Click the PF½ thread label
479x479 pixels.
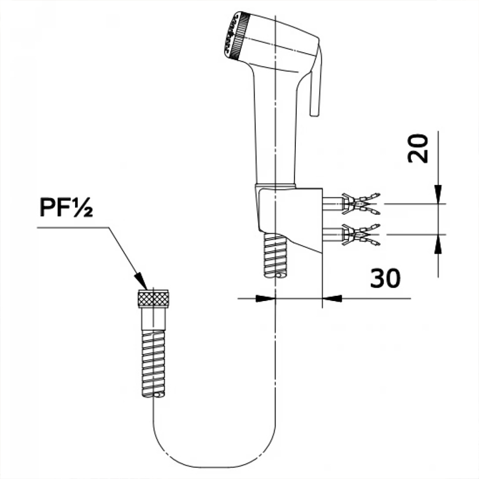(66, 207)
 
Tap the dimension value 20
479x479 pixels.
(418, 148)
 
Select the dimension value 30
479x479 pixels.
(385, 278)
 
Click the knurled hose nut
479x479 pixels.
(153, 298)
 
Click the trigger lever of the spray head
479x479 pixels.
(315, 81)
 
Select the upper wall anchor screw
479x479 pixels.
(351, 203)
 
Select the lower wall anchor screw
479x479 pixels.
(351, 234)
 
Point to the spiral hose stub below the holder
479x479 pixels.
(275, 256)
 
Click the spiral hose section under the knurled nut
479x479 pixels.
(153, 363)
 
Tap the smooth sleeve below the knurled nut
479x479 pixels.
(153, 318)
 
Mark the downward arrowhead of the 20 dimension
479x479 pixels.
(438, 194)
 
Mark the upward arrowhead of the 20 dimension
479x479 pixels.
(438, 244)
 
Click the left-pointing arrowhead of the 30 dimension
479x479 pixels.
(332, 298)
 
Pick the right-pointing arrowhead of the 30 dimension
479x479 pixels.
(265, 298)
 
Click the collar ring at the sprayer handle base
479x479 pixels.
(275, 186)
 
